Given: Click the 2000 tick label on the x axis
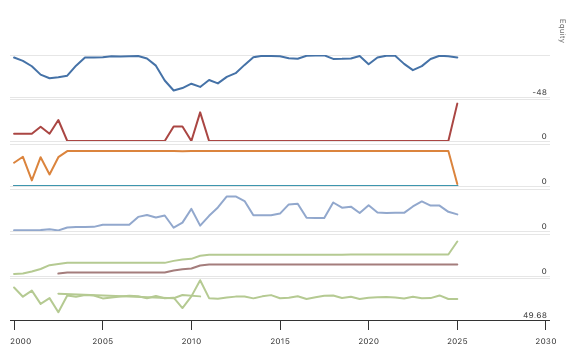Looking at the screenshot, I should pyautogui.click(x=14, y=341).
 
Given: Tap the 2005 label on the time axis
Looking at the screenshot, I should pyautogui.click(x=102, y=341).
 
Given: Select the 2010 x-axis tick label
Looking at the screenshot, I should pyautogui.click(x=191, y=341).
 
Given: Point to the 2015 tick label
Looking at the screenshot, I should pyautogui.click(x=280, y=341).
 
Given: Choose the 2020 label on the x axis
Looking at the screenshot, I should pyautogui.click(x=369, y=341).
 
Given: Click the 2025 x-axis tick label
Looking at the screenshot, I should pyautogui.click(x=458, y=341).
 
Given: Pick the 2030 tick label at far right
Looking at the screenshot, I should pyautogui.click(x=546, y=341).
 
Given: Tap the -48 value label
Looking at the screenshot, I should pyautogui.click(x=540, y=92).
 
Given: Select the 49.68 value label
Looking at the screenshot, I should pyautogui.click(x=535, y=315).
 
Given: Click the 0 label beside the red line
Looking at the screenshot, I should pyautogui.click(x=544, y=136).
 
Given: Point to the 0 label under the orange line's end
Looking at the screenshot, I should pyautogui.click(x=544, y=181).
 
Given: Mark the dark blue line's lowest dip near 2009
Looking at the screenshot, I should pyautogui.click(x=173, y=91).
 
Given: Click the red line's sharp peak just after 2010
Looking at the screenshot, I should pyautogui.click(x=200, y=112).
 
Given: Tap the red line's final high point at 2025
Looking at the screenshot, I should pyautogui.click(x=458, y=103).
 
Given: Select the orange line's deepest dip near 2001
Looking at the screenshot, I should pyautogui.click(x=32, y=180).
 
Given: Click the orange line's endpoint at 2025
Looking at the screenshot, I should pyautogui.click(x=458, y=185).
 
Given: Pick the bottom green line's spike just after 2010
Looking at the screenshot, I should pyautogui.click(x=200, y=280).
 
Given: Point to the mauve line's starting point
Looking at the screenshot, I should pyautogui.click(x=58, y=273).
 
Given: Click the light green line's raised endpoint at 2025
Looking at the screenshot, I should pyautogui.click(x=458, y=241).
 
